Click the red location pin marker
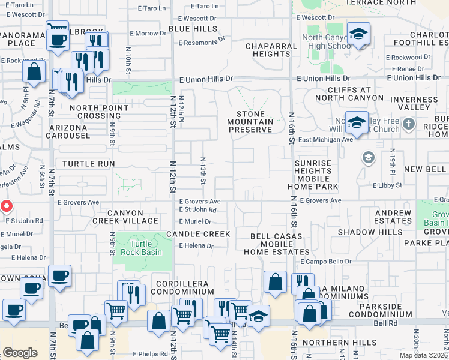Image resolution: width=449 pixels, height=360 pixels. [6, 207]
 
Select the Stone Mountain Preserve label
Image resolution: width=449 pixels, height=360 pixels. [255, 122]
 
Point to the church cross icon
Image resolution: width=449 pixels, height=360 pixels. [409, 124]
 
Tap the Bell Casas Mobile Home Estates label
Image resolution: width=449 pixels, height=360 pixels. [276, 244]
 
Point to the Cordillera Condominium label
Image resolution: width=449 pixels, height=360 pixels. [184, 287]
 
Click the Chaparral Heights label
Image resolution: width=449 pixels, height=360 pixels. [268, 50]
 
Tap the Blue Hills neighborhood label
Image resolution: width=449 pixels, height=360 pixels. [193, 28]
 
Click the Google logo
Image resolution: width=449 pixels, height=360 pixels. [20, 353]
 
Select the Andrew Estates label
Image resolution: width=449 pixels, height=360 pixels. [393, 217]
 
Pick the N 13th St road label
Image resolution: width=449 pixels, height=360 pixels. [203, 171]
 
